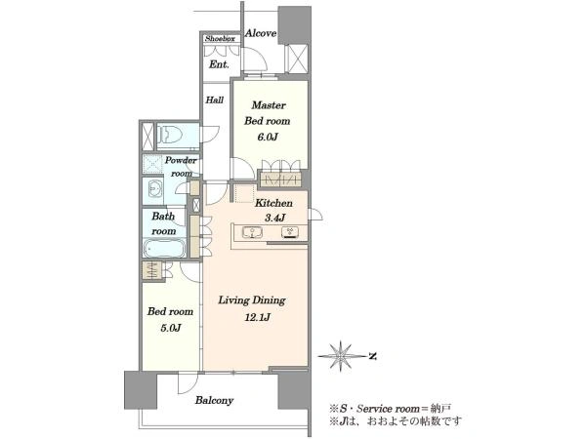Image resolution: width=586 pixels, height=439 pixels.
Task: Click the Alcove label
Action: click(x=261, y=33)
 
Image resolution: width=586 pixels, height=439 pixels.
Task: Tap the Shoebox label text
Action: click(x=220, y=38)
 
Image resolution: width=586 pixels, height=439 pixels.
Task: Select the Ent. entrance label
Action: click(x=219, y=64)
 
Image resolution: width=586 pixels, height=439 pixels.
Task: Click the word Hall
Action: click(x=215, y=100)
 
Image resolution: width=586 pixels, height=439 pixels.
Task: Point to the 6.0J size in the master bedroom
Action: click(x=267, y=137)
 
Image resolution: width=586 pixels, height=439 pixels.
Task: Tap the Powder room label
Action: click(x=181, y=167)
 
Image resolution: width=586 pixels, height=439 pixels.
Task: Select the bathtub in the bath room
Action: click(x=164, y=248)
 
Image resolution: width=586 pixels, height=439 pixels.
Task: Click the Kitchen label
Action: click(x=273, y=203)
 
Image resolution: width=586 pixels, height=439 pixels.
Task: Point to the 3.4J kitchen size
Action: click(x=274, y=218)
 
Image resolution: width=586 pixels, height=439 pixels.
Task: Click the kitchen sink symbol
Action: click(x=252, y=232)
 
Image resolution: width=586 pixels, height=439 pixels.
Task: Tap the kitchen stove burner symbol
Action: click(x=290, y=232)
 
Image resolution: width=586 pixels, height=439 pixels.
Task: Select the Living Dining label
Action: click(x=252, y=300)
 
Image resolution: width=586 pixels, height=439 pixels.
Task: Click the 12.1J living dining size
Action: click(x=258, y=318)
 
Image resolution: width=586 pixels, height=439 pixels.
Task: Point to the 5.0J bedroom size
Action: click(x=170, y=328)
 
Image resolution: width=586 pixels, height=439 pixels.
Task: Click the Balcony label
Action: click(x=214, y=400)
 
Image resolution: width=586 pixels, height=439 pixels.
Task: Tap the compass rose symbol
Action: click(x=341, y=356)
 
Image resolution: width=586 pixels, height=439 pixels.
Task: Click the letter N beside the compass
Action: click(x=372, y=356)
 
